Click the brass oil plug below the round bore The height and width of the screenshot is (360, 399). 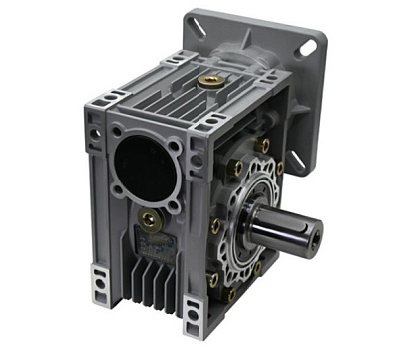[149, 220]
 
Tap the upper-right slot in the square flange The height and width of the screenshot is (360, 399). [307, 46]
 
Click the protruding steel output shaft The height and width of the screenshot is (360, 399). [284, 230]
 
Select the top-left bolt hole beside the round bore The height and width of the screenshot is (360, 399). [117, 131]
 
